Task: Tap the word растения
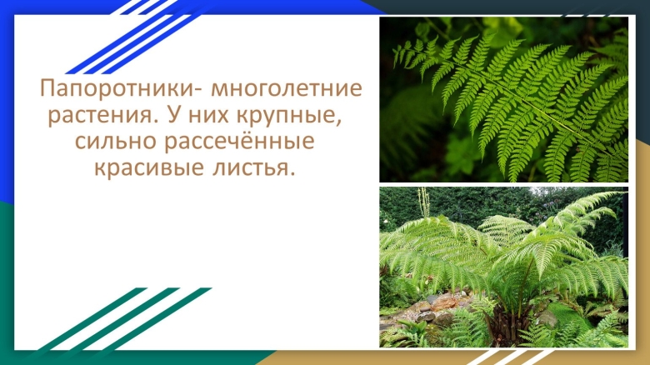(98, 114)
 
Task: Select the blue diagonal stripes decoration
(125, 33)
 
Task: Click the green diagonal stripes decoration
(125, 321)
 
